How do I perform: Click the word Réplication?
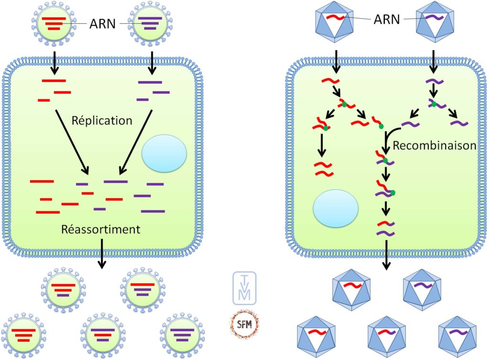click(x=102, y=120)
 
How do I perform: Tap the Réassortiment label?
click(x=101, y=229)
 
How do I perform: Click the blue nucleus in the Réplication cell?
click(x=164, y=153)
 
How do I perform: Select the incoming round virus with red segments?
click(x=54, y=22)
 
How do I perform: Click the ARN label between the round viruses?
click(x=103, y=23)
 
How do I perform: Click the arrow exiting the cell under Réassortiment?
click(x=102, y=253)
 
